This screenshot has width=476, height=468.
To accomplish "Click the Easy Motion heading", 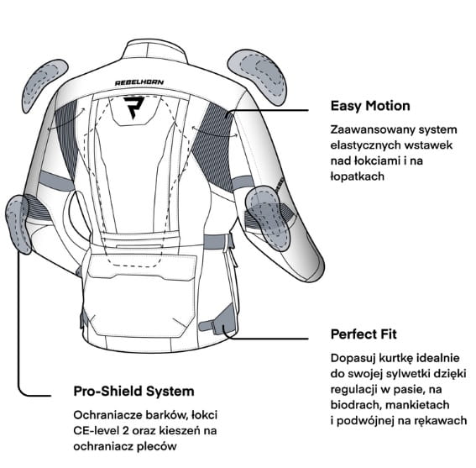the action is pyautogui.click(x=370, y=106).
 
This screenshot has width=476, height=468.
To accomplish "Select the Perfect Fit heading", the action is pyautogui.click(x=364, y=334).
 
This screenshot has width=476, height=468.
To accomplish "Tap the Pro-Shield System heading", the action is pyautogui.click(x=133, y=391).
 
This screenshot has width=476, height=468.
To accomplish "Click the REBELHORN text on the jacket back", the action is pyautogui.click(x=139, y=82).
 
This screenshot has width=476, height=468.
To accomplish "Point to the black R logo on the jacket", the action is pyautogui.click(x=133, y=108).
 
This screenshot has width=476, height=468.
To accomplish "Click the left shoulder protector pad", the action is pyautogui.click(x=44, y=86).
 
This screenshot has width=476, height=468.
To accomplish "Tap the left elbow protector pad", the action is pyautogui.click(x=18, y=224).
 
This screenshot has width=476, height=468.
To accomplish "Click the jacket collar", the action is pyautogui.click(x=154, y=50).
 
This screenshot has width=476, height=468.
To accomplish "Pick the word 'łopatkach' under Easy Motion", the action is pyautogui.click(x=358, y=176).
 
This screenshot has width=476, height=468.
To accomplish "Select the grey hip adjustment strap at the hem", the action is pyautogui.click(x=218, y=323).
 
